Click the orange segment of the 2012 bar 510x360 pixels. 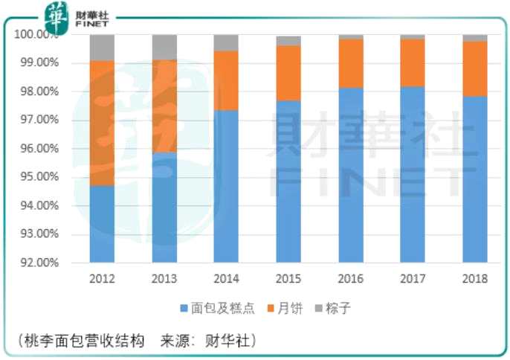(x=102, y=123)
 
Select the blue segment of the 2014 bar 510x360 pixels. (x=226, y=186)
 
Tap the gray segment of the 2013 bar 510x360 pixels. (x=164, y=47)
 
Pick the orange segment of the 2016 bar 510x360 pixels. (x=351, y=63)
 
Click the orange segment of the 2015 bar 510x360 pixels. (x=288, y=73)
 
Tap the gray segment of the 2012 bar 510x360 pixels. (x=102, y=47)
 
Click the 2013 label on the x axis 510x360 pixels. (x=164, y=279)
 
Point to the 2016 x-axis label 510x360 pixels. (x=351, y=279)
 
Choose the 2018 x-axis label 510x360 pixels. (x=475, y=279)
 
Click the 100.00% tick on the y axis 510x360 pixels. (x=36, y=35)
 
